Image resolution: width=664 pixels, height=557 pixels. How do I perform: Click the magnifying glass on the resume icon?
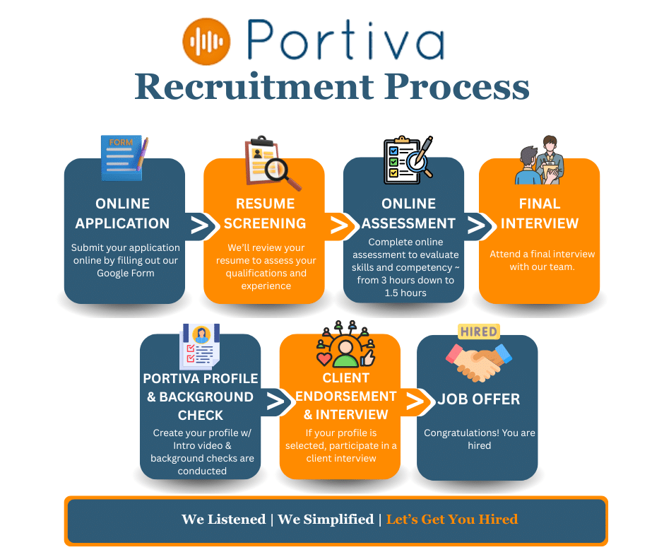click(x=286, y=172)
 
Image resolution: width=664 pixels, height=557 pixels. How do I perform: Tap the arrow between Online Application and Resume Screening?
click(x=201, y=225)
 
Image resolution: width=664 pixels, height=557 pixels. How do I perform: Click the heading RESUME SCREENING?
click(x=265, y=213)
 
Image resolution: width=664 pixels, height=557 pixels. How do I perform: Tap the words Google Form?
click(x=125, y=274)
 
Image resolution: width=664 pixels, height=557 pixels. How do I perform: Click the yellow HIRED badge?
click(x=478, y=332)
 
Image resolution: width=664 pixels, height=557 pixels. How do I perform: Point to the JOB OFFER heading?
click(x=478, y=399)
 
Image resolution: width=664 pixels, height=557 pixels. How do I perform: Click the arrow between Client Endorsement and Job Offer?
click(x=416, y=401)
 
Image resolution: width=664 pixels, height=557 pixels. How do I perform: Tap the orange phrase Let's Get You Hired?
click(x=452, y=520)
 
